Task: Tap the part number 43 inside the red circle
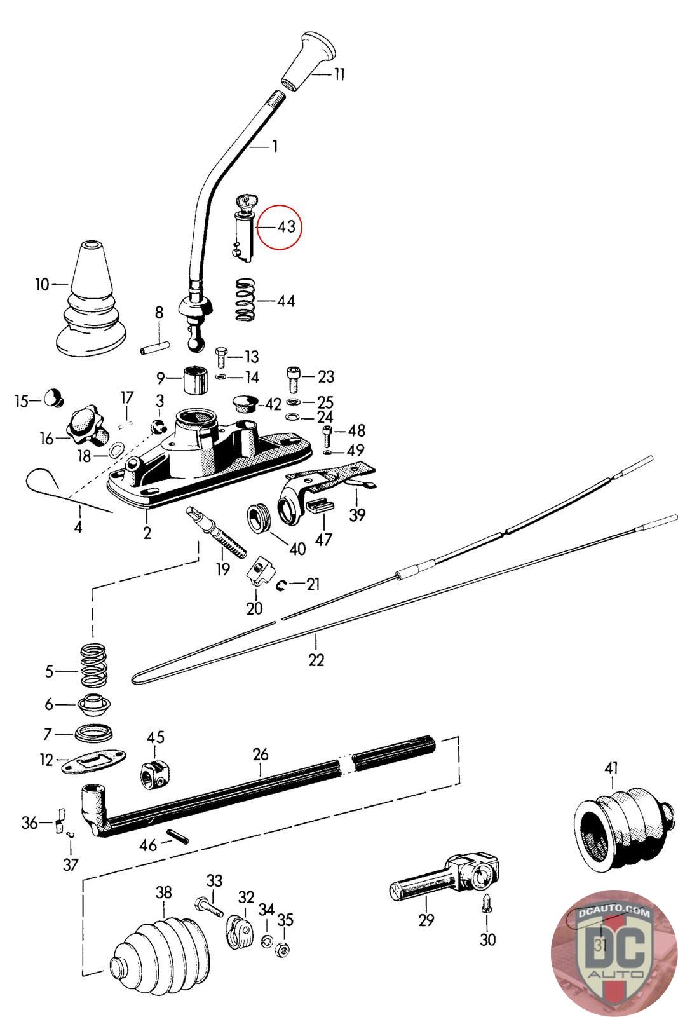(x=286, y=226)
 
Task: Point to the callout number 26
(x=261, y=754)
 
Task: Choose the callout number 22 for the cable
(x=316, y=660)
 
